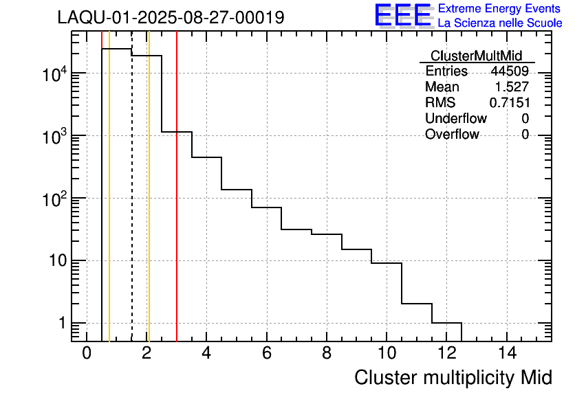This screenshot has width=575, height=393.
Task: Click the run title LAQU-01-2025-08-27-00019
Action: [x=171, y=18]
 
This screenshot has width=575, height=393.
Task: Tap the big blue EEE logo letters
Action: [x=402, y=16]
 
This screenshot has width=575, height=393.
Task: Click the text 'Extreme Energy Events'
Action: [x=499, y=9]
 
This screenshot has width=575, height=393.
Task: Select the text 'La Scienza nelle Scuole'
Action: [x=500, y=23]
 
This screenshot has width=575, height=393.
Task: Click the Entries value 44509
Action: [x=510, y=71]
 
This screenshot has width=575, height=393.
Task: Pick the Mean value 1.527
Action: [x=512, y=87]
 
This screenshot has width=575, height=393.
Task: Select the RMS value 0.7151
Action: [x=509, y=102]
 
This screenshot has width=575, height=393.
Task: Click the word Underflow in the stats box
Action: [x=455, y=118]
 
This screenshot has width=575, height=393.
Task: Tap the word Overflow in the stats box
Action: [x=452, y=134]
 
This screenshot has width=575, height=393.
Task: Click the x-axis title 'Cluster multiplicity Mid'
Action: [x=453, y=377]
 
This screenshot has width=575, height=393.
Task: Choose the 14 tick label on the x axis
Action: [x=507, y=354]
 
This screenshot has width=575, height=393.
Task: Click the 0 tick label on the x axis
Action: [x=87, y=354]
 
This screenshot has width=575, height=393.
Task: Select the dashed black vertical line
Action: [x=131, y=206]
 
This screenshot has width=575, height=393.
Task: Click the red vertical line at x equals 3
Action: [x=177, y=206]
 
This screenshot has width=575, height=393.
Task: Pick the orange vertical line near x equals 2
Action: [x=149, y=206]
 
